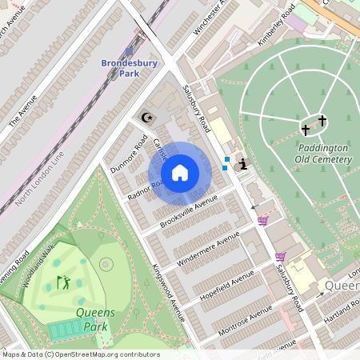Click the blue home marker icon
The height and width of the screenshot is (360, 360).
(180, 173)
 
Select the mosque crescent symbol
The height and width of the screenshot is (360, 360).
(146, 118)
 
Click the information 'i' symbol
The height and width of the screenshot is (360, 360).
(242, 163)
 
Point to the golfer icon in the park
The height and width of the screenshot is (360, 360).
(63, 282)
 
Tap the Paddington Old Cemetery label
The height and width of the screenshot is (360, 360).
(323, 154)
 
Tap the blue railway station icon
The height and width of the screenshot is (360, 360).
(130, 50)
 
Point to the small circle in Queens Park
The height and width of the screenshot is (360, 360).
(106, 264)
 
